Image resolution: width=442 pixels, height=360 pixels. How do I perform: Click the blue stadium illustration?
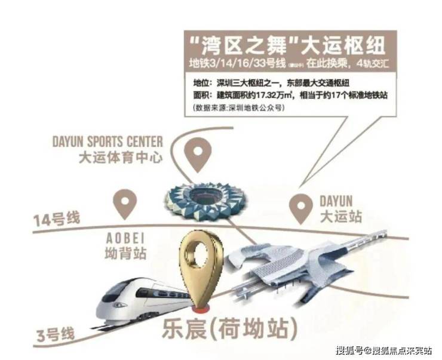point(206,200)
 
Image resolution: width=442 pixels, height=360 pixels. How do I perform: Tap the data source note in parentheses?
point(240,107)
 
